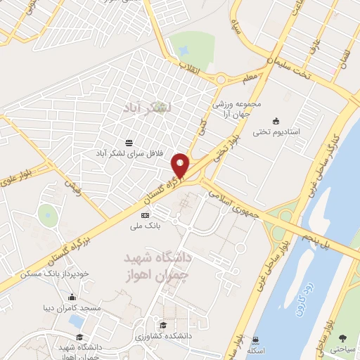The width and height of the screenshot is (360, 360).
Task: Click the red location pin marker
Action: [x=181, y=165]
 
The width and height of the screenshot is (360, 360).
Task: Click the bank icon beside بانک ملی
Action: [x=146, y=215]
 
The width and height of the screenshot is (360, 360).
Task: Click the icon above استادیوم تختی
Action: [x=276, y=120]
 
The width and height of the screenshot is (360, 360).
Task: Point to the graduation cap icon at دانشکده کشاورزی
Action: [x=163, y=325]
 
